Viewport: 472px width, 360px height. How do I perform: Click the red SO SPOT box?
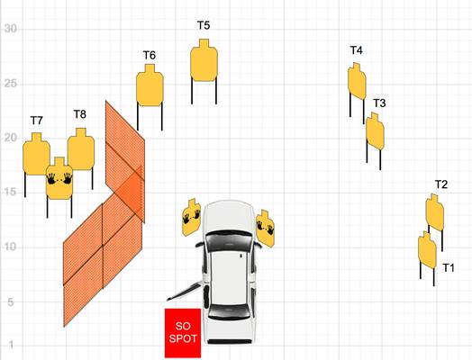pyautogui.click(x=183, y=333)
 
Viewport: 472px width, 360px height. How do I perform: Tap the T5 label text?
pyautogui.click(x=204, y=25)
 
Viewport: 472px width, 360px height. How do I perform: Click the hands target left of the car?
pyautogui.click(x=192, y=217)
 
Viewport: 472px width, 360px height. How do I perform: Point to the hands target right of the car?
pyautogui.click(x=265, y=229)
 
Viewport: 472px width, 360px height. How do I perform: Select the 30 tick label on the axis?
pyautogui.click(x=11, y=29)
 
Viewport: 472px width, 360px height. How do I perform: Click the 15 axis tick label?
pyautogui.click(x=10, y=193)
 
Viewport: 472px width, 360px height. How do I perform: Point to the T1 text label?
pyautogui.click(x=449, y=267)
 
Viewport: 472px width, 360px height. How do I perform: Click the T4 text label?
pyautogui.click(x=357, y=50)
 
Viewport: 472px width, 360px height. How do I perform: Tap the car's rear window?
pyautogui.click(x=229, y=312)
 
